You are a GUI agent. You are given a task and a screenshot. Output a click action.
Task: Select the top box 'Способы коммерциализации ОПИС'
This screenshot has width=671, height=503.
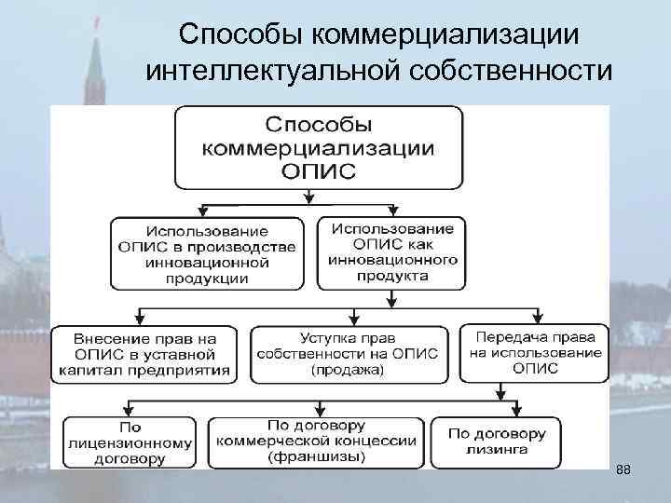(x=318, y=147)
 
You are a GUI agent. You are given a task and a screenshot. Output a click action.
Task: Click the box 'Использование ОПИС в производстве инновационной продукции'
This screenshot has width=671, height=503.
(x=207, y=252)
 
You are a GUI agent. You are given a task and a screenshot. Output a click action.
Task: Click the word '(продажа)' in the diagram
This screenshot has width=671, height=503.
(x=351, y=371)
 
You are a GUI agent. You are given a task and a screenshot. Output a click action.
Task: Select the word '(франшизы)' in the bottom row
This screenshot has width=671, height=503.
(x=317, y=458)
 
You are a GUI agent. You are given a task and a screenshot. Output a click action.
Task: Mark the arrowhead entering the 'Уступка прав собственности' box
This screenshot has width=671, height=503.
(x=351, y=319)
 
